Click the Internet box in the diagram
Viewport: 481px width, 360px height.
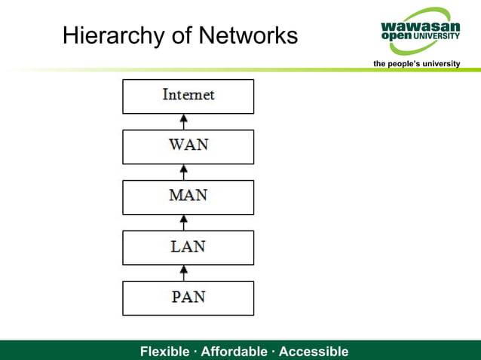pyautogui.click(x=188, y=96)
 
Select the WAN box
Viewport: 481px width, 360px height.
pyautogui.click(x=188, y=146)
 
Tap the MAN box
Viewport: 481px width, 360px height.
pyautogui.click(x=188, y=197)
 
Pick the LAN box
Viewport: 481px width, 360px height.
pyautogui.click(x=188, y=247)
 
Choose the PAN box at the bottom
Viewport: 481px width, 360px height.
pyautogui.click(x=188, y=297)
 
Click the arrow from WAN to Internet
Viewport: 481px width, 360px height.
pyautogui.click(x=183, y=121)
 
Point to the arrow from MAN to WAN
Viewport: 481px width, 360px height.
pyautogui.click(x=183, y=172)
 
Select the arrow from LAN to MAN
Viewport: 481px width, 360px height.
pyautogui.click(x=183, y=222)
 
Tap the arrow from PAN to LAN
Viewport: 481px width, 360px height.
pyautogui.click(x=183, y=273)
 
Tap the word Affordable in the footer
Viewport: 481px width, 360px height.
pyautogui.click(x=234, y=352)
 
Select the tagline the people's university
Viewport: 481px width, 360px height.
pyautogui.click(x=417, y=63)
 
